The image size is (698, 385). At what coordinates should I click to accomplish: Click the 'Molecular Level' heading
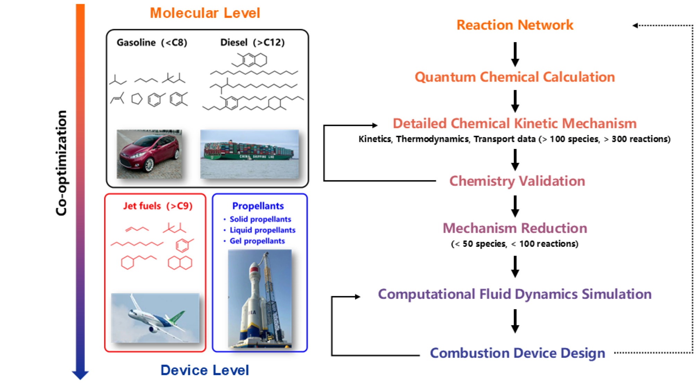click(x=204, y=13)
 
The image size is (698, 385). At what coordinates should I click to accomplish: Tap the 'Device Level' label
click(x=204, y=370)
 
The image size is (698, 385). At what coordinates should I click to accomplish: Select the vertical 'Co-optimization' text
click(x=61, y=163)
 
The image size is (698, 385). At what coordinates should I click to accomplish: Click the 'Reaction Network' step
click(x=515, y=25)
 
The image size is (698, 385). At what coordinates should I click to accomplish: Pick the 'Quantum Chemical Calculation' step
click(x=515, y=77)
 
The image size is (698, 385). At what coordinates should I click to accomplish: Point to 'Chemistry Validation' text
click(x=517, y=181)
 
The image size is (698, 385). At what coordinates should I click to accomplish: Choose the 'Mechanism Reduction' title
click(x=515, y=228)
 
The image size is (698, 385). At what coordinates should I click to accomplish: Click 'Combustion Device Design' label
click(x=517, y=353)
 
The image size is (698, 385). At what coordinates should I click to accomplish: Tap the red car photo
click(x=149, y=154)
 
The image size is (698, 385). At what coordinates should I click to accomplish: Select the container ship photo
click(x=250, y=154)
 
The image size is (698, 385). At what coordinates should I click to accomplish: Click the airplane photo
click(x=155, y=318)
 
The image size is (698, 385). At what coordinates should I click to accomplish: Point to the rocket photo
click(x=260, y=298)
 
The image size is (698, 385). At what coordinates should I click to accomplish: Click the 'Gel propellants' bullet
click(x=257, y=241)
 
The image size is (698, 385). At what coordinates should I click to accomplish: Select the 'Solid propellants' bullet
click(x=260, y=219)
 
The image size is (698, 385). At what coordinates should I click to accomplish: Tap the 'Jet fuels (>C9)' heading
click(x=158, y=206)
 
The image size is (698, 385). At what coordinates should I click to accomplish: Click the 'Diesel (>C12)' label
click(x=252, y=42)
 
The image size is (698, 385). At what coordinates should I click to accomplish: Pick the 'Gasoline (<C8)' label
click(x=152, y=42)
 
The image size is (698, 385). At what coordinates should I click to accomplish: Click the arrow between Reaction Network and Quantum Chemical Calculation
click(x=515, y=54)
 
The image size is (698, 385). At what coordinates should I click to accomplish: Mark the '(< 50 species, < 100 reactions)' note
click(x=515, y=244)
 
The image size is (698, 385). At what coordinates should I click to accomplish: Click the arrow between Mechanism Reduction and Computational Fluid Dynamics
click(x=515, y=266)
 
